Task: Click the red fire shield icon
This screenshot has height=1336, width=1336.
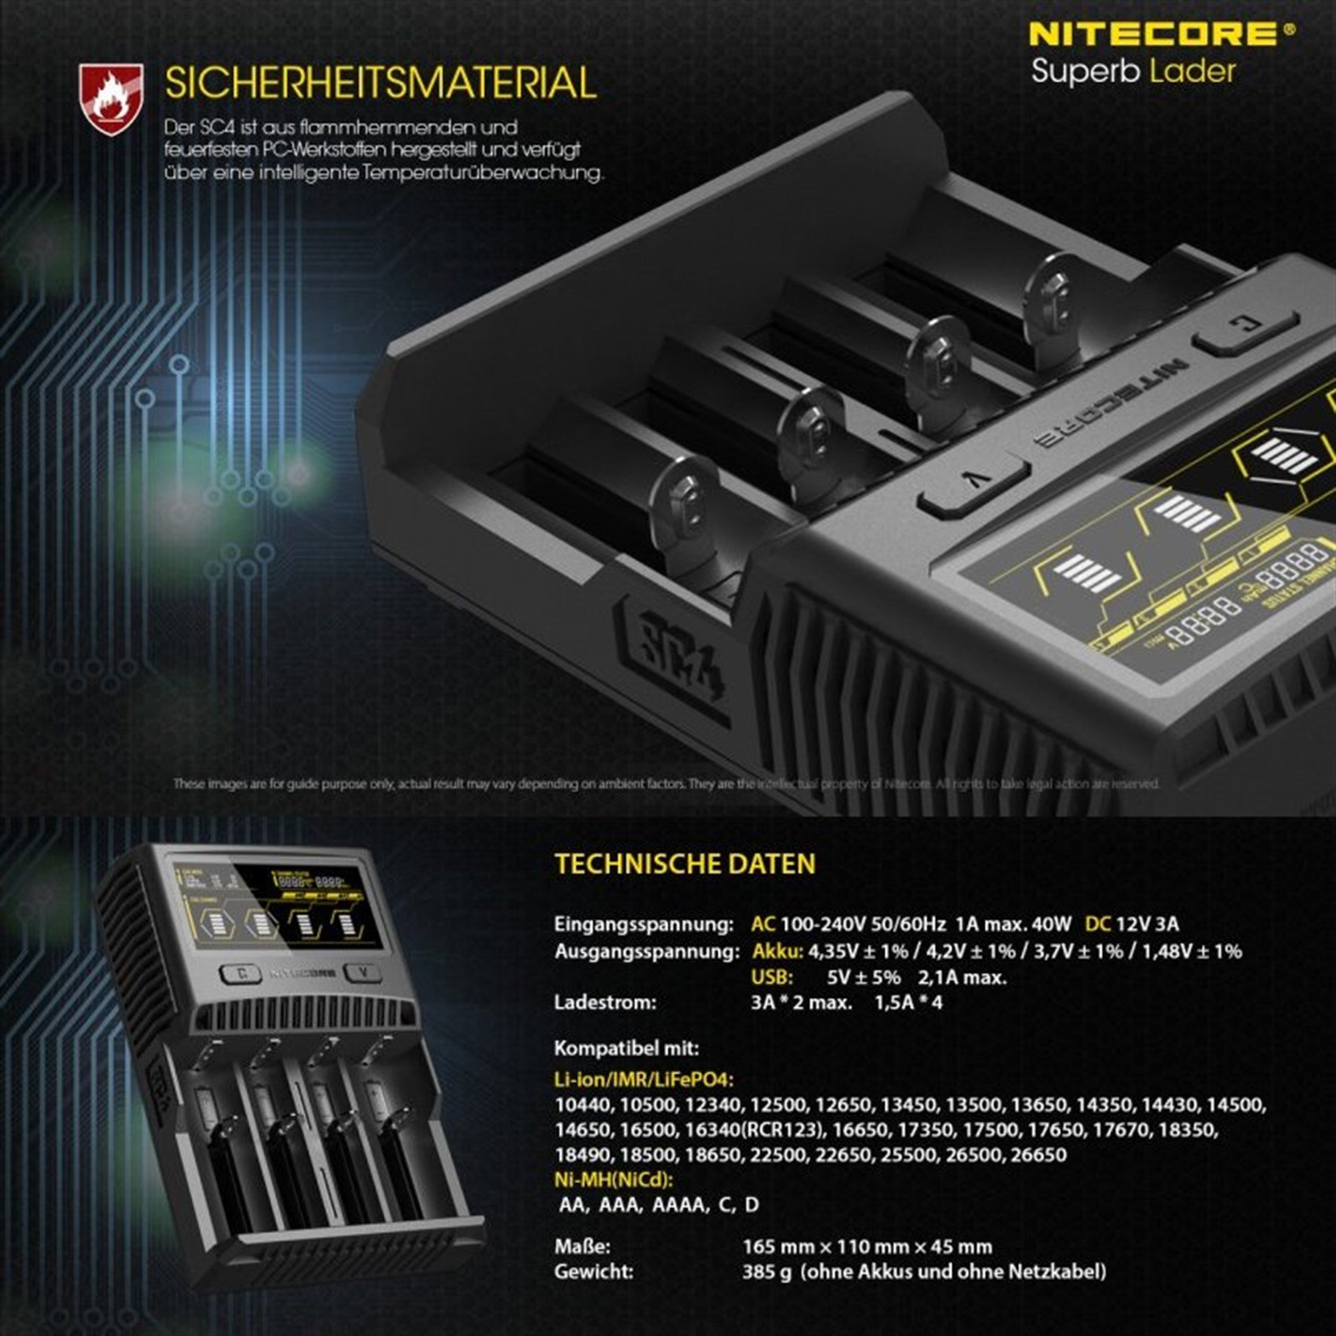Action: click(111, 98)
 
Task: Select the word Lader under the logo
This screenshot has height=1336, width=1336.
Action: click(1193, 72)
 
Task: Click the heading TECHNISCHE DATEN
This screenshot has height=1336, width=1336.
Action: click(685, 864)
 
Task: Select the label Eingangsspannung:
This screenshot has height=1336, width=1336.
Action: click(643, 925)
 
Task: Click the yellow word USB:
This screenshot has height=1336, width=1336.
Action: click(772, 977)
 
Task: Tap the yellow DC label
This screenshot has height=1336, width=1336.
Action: click(1098, 925)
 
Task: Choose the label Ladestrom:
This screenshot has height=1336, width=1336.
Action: click(605, 1003)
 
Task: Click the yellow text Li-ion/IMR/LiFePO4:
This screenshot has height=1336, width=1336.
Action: click(643, 1079)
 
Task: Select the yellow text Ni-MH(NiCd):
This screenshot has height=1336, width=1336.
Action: click(613, 1179)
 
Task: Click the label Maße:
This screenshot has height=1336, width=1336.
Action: click(582, 1247)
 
